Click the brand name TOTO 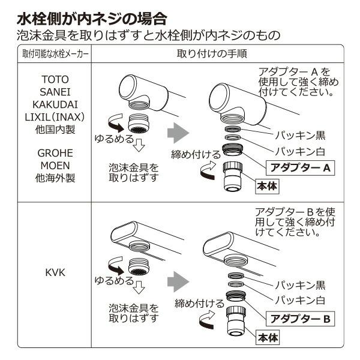(x=55, y=79)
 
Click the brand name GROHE (x=55, y=154)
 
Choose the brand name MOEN (x=55, y=166)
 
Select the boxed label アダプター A (x=299, y=168)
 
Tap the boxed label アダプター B (x=299, y=319)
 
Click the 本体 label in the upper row (x=268, y=186)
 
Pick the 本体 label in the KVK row (x=268, y=338)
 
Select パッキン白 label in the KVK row (x=300, y=299)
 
